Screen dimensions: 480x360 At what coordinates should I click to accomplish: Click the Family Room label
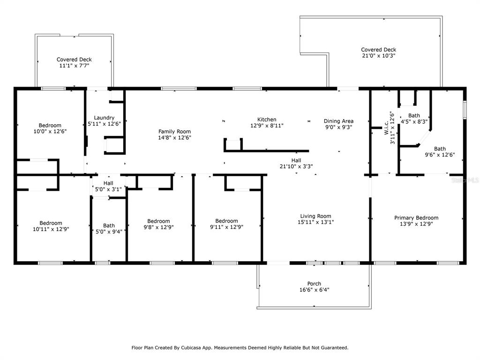pos(174,132)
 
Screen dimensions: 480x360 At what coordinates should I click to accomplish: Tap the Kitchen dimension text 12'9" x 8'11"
pos(267,126)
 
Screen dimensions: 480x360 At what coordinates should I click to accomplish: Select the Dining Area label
pos(338,121)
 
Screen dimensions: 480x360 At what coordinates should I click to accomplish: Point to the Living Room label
pos(315,216)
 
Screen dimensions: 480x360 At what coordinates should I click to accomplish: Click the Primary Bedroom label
pos(416,217)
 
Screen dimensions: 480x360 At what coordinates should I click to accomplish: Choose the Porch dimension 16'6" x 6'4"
pos(315,290)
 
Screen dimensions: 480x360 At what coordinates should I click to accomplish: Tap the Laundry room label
pos(104,118)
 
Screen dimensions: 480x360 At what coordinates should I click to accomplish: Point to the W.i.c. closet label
pos(386,128)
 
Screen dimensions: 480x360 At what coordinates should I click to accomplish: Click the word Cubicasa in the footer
pos(191,348)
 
